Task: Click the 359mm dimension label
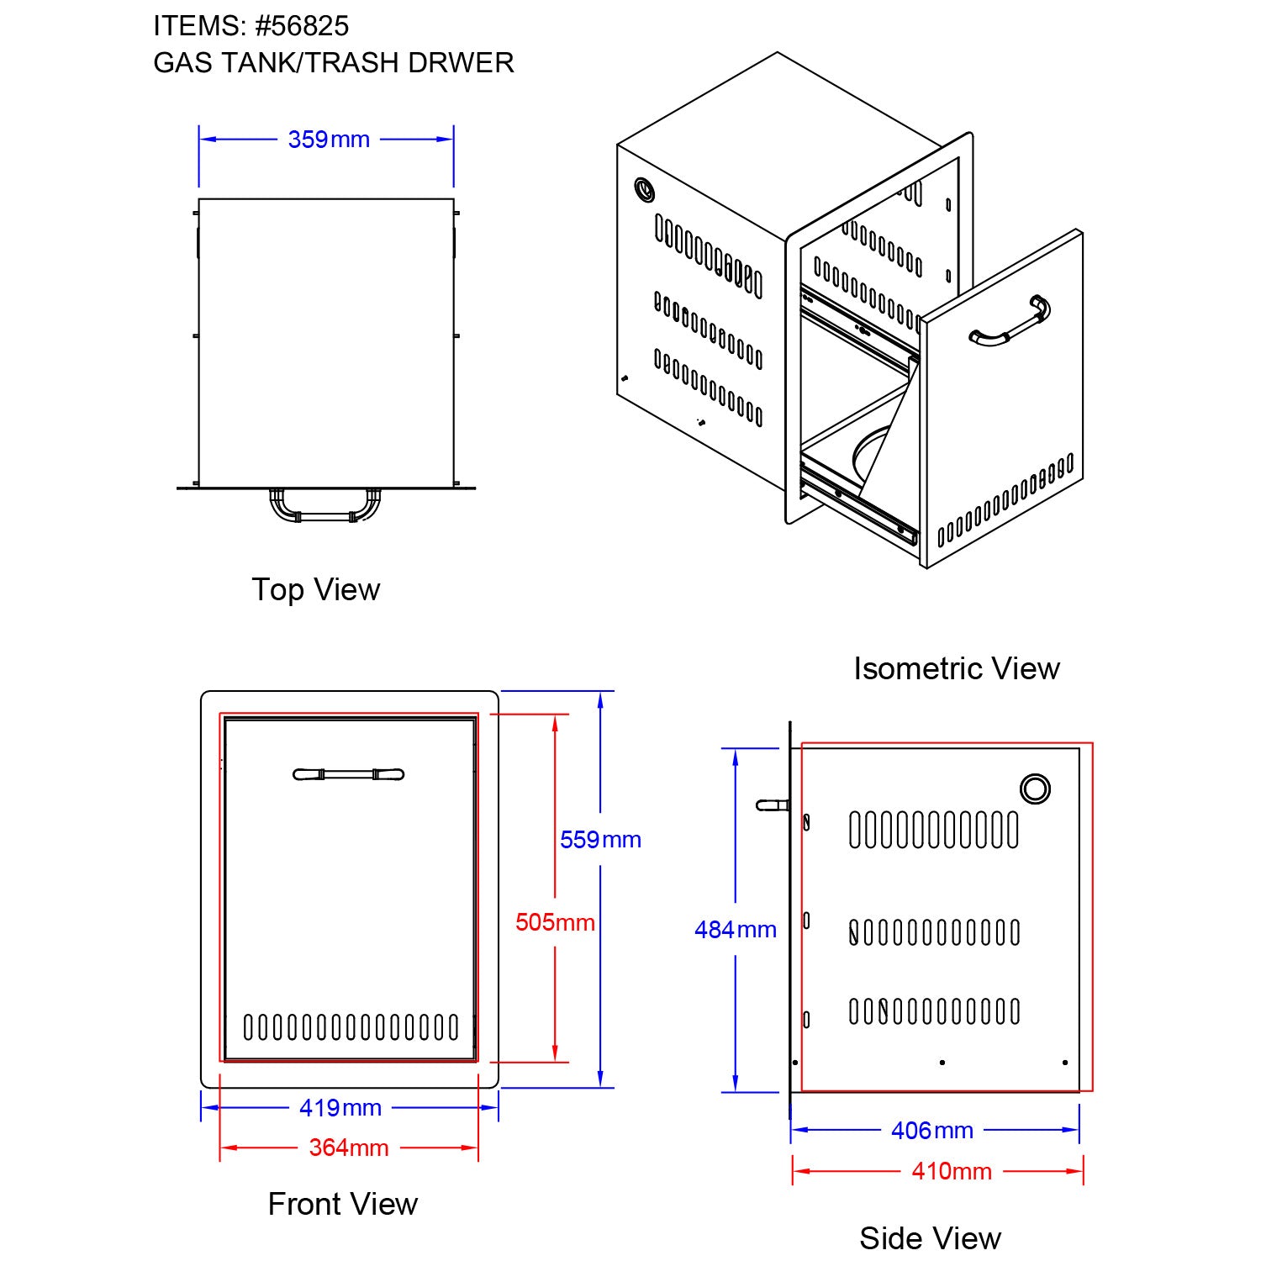click(x=329, y=140)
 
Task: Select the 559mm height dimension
click(x=600, y=840)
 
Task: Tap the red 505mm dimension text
click(x=555, y=922)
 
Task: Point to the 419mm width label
click(x=340, y=1108)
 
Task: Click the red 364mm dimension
click(x=349, y=1148)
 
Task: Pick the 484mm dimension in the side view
click(x=735, y=930)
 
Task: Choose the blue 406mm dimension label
click(x=931, y=1131)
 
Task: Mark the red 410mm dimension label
click(x=952, y=1171)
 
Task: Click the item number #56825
click(x=302, y=26)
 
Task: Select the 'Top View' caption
click(x=316, y=589)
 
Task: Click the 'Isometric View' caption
click(x=956, y=668)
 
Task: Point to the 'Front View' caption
click(x=342, y=1204)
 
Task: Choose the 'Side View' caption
click(x=930, y=1237)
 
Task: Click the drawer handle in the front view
click(x=348, y=774)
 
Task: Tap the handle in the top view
click(x=324, y=507)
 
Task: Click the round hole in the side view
click(x=1035, y=789)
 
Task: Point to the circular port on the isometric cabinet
click(x=645, y=189)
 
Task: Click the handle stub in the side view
click(x=773, y=805)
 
